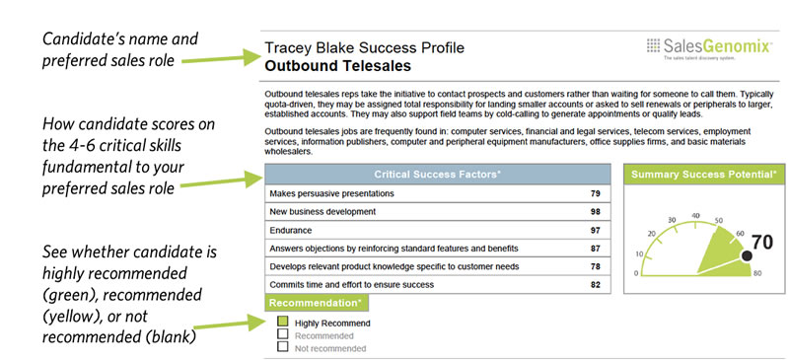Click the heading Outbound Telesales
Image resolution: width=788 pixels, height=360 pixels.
(338, 67)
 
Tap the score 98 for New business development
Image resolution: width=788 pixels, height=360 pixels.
(596, 211)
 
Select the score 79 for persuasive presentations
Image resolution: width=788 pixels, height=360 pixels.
(596, 193)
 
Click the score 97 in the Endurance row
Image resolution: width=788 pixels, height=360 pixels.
(596, 230)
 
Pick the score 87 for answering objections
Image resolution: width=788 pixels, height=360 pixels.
(596, 248)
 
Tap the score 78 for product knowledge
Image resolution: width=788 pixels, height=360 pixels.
(596, 266)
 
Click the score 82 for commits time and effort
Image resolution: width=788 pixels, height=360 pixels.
(596, 284)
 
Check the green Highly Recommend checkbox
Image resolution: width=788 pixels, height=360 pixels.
(282, 323)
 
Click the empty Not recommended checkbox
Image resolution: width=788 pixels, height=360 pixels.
(282, 346)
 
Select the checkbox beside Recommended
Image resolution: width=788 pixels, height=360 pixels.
(282, 334)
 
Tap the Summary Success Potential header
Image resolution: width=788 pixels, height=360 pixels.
(700, 175)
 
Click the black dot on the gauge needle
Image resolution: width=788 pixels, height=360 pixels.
(746, 255)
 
